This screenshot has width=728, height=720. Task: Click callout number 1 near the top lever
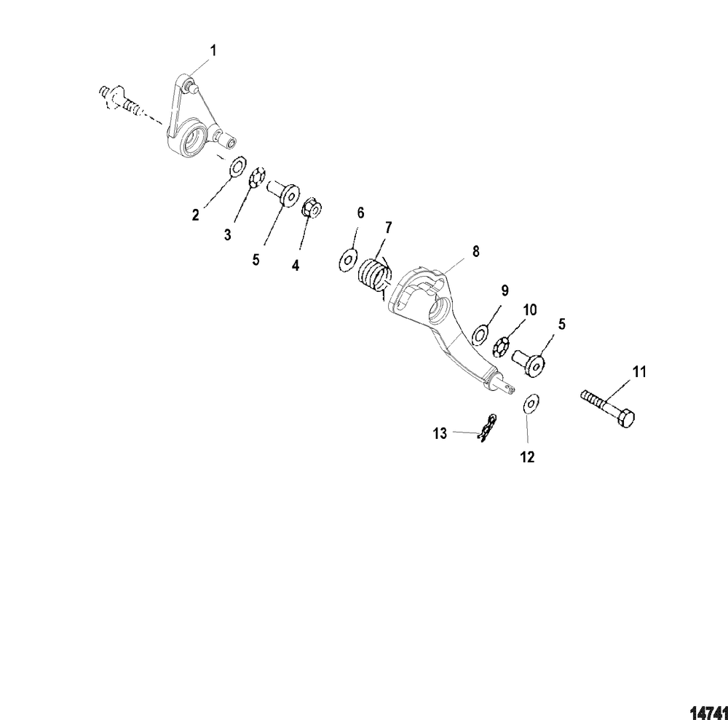(213, 51)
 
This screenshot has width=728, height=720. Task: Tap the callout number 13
(440, 434)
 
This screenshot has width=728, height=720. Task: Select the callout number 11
(639, 372)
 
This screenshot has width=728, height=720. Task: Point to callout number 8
(475, 251)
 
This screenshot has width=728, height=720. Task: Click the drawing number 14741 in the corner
(708, 712)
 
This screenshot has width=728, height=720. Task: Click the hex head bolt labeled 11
(607, 407)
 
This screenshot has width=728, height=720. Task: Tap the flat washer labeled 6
(348, 261)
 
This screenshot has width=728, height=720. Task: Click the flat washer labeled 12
(531, 403)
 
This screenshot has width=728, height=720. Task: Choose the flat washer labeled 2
(238, 167)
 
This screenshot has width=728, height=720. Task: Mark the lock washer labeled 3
(257, 178)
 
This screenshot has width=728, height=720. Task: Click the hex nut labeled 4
(311, 208)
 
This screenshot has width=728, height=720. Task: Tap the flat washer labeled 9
(481, 335)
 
